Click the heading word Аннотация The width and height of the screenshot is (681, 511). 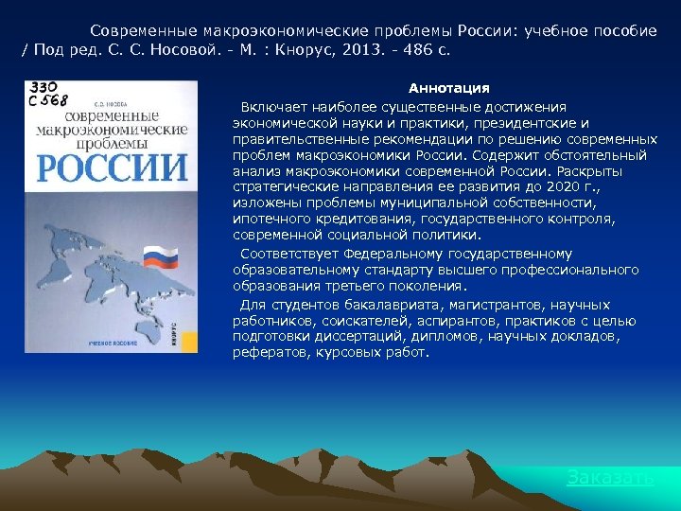pos(448,88)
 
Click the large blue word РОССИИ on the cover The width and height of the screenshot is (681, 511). pos(112,167)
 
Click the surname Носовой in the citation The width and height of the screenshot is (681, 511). pos(195,48)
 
